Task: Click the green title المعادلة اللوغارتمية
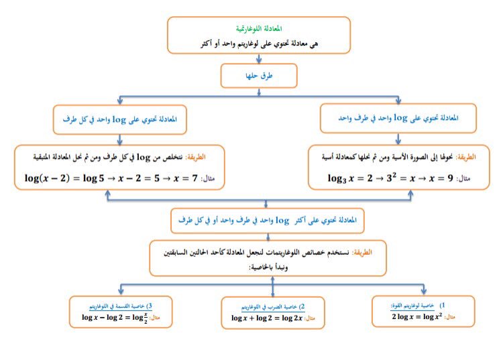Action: (x=259, y=29)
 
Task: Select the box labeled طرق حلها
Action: (x=258, y=76)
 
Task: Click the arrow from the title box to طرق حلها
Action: (x=258, y=59)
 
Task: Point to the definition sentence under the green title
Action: (x=258, y=43)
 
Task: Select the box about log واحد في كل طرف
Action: (x=119, y=119)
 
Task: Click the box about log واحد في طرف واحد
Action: (x=399, y=118)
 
